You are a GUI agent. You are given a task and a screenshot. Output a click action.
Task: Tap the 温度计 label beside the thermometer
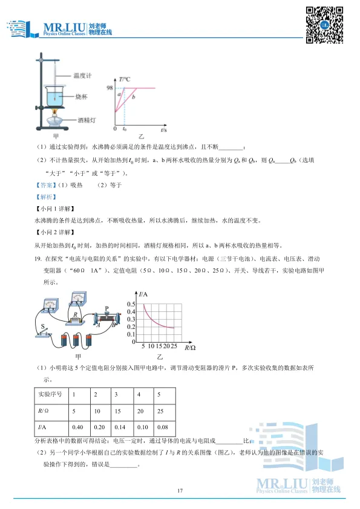pyautogui.click(x=82, y=76)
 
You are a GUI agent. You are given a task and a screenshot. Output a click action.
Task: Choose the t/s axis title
pyautogui.click(x=164, y=130)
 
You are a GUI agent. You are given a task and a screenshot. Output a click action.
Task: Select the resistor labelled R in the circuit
pyautogui.click(x=74, y=315)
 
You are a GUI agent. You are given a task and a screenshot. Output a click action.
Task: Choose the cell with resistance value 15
pyautogui.click(x=118, y=411)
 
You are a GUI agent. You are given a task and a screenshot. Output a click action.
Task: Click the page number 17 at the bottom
pyautogui.click(x=180, y=490)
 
